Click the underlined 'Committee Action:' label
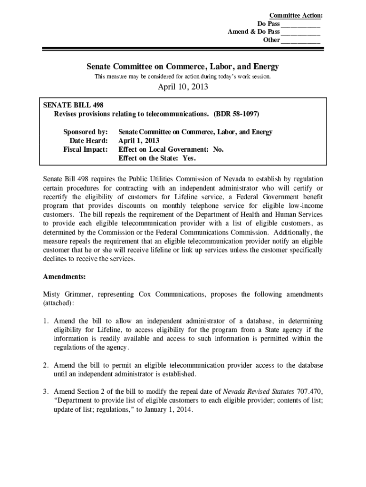pos(296,16)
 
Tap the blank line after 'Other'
pos(300,41)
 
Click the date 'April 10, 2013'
pos(183,87)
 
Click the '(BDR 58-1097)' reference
pos(236,114)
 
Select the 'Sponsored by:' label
pos(86,132)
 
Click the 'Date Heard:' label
pos(89,141)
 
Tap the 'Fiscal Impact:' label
pos(86,149)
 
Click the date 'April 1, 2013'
pos(139,141)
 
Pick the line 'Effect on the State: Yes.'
pos(157,158)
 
